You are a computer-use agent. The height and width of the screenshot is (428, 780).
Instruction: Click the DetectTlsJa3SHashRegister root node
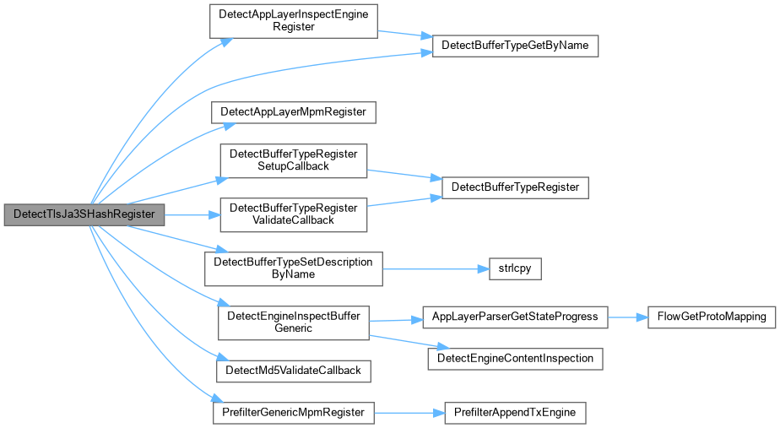point(84,214)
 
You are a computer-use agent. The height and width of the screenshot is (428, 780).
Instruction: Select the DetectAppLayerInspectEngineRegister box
point(294,21)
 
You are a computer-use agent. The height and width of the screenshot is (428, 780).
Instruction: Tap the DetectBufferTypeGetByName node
point(515,46)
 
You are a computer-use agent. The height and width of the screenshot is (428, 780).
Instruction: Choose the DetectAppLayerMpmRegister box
point(294,112)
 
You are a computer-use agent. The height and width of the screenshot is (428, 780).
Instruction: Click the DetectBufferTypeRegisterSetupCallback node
point(294,160)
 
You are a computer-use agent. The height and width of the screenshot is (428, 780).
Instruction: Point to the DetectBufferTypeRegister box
point(515,187)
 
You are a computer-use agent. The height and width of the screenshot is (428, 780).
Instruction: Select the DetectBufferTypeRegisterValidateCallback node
point(294,214)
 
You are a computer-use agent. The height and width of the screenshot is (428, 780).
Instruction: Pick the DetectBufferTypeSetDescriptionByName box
point(294,268)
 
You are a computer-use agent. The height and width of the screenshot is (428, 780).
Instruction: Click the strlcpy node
point(515,268)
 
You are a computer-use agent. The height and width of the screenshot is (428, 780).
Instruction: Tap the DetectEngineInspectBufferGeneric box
point(294,323)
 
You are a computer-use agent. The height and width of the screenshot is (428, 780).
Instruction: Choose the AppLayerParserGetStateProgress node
point(515,317)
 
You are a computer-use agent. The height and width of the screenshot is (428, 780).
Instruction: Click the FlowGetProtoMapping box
point(712,317)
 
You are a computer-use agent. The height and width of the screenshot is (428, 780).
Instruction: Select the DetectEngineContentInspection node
point(515,359)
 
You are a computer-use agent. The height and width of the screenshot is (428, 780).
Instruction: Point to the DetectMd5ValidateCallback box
point(294,371)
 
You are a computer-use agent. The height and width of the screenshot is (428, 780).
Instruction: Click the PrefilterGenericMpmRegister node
point(294,413)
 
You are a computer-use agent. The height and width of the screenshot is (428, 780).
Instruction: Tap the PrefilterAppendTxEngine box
point(515,413)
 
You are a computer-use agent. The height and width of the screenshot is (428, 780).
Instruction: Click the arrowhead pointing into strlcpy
point(484,268)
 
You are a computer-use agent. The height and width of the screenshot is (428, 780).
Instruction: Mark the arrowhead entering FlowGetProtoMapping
point(642,317)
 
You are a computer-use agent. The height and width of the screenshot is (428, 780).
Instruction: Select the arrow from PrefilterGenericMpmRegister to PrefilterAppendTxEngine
point(409,413)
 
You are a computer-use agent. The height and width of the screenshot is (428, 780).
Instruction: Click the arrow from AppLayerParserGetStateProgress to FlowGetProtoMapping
point(628,317)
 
